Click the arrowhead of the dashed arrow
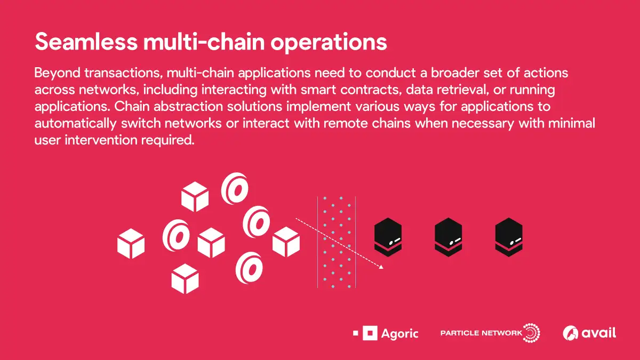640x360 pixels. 381,266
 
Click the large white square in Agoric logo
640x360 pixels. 370,333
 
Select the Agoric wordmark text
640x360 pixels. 400,334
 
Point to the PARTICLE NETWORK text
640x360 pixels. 481,333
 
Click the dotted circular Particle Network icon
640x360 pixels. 531,333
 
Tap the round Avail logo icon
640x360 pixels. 571,333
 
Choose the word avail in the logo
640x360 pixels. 598,333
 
